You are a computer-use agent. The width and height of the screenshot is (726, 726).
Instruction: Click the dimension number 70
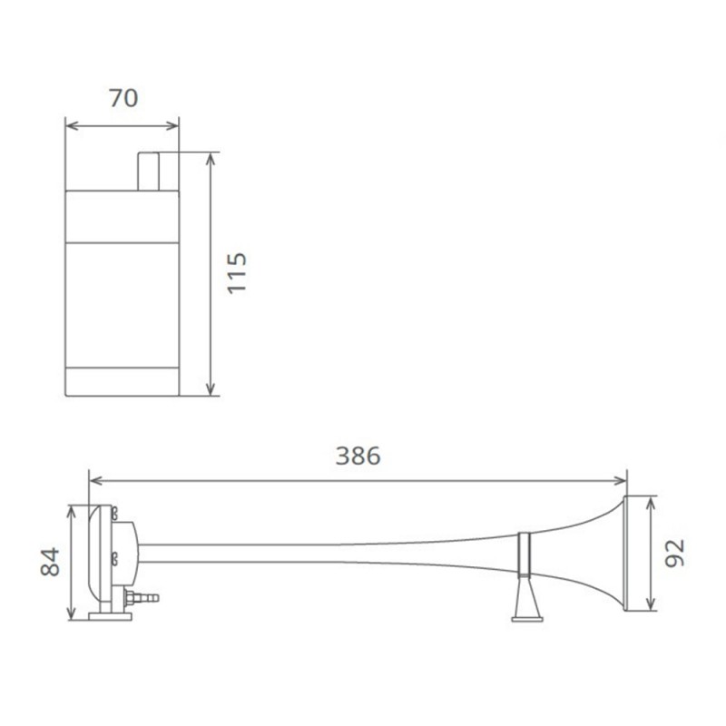click(123, 97)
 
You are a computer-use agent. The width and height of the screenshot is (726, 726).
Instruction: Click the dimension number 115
click(237, 272)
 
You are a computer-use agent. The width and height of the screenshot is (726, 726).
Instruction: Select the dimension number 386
click(358, 456)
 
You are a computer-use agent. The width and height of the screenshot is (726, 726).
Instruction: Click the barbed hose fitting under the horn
click(143, 598)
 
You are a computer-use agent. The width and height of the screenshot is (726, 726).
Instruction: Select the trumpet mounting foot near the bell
click(527, 603)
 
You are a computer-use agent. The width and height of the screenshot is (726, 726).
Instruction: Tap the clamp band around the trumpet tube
click(525, 555)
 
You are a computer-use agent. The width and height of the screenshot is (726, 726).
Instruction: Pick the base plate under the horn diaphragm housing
click(110, 617)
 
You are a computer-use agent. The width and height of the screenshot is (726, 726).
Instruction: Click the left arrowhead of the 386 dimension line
click(93, 480)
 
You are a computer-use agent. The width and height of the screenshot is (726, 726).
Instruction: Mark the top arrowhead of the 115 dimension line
click(211, 158)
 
